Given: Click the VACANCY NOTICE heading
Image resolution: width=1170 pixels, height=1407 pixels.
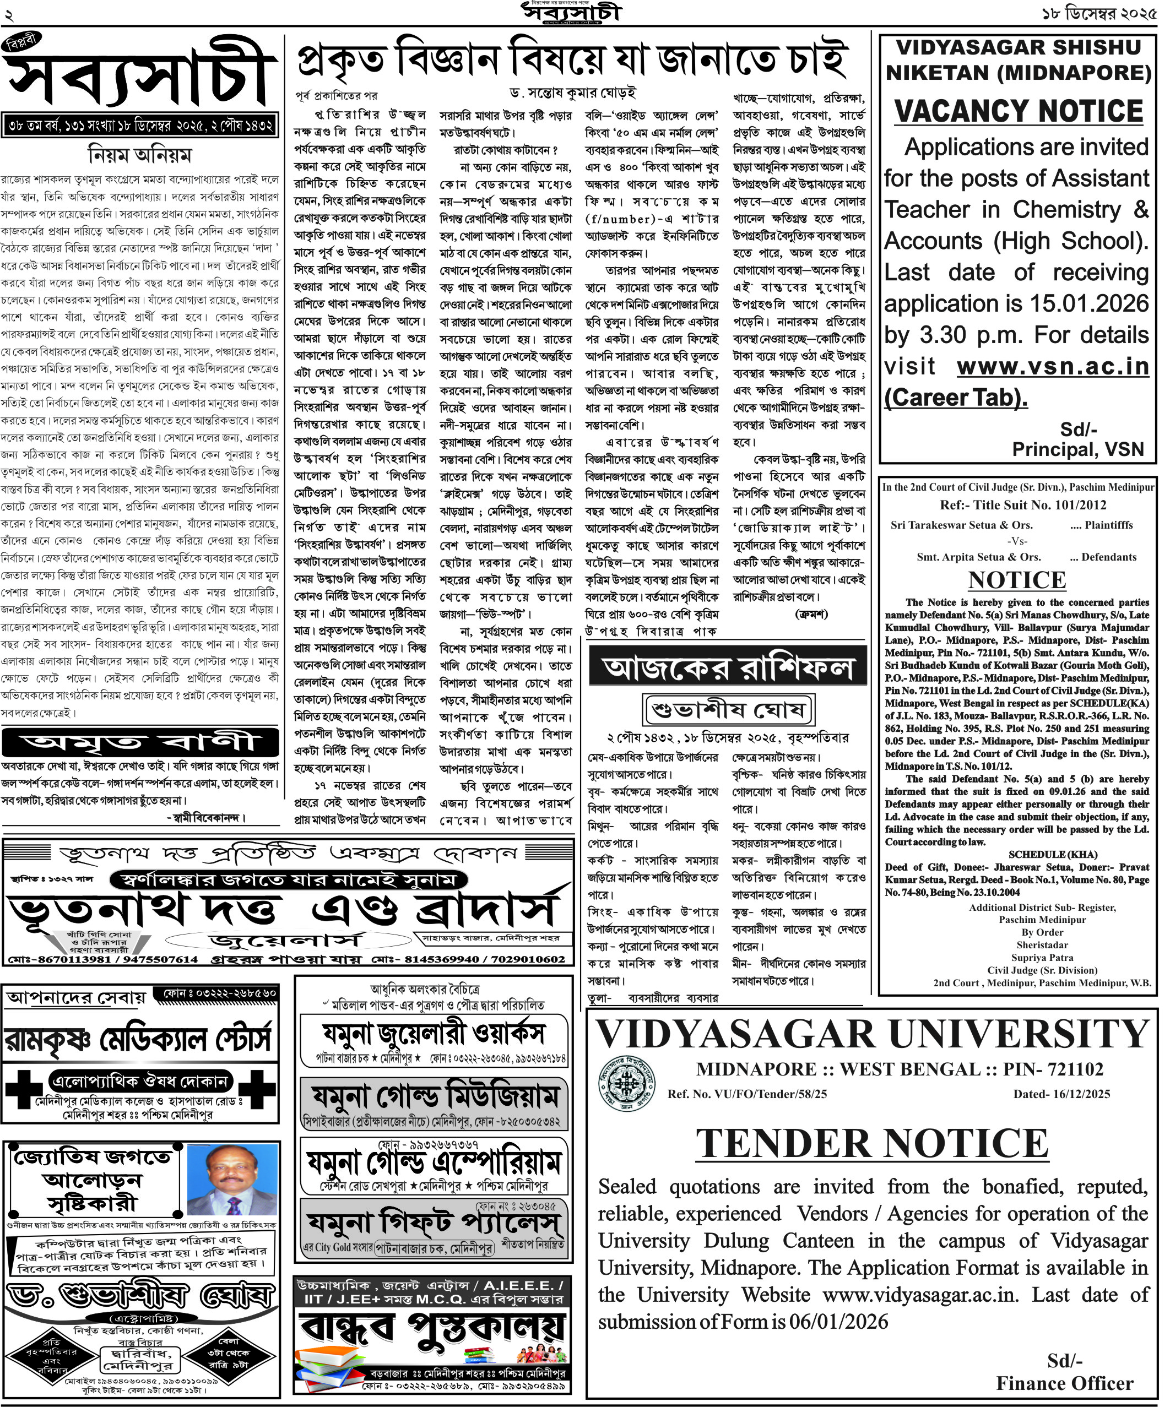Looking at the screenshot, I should click(1018, 111).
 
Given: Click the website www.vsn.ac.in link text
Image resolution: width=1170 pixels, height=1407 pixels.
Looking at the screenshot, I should click(1052, 367).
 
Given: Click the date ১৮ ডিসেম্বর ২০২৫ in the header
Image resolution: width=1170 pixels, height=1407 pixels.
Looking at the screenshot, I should click(1099, 13).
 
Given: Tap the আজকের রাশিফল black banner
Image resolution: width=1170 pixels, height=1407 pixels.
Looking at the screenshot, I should click(727, 668).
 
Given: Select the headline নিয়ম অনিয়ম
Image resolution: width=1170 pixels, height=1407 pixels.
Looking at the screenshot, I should click(139, 155).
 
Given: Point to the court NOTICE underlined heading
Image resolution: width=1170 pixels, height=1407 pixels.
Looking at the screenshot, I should click(1016, 579).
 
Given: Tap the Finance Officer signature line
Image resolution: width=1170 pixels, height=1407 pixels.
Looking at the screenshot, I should click(1064, 1383).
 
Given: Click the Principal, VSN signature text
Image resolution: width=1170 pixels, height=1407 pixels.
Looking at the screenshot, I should click(1077, 449).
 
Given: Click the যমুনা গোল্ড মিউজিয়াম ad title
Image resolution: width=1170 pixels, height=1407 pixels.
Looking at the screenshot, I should click(434, 1098).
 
